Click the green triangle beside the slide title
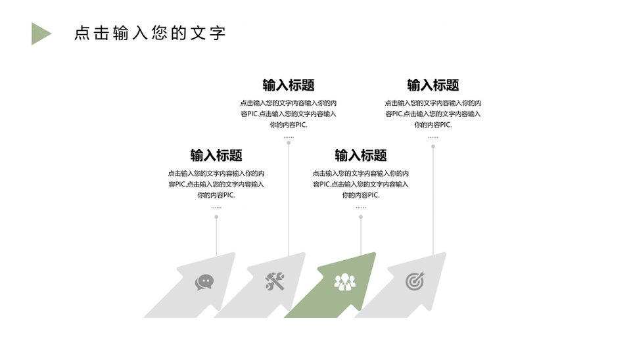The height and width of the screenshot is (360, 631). click(x=39, y=34)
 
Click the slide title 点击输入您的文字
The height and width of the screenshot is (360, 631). click(x=150, y=33)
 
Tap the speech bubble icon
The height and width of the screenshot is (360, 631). click(x=204, y=282)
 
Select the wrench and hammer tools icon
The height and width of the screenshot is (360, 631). click(x=275, y=281)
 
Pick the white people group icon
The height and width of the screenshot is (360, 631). click(x=345, y=282)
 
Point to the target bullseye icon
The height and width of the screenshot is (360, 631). click(x=415, y=281)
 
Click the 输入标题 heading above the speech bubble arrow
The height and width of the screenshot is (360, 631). click(x=216, y=155)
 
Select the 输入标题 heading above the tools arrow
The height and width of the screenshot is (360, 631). click(x=289, y=85)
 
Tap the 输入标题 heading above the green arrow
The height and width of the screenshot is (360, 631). click(x=361, y=155)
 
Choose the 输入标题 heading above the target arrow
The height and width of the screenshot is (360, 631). click(x=433, y=85)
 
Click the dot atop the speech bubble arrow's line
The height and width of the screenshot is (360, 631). click(x=216, y=217)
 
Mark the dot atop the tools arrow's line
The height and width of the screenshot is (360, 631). click(x=289, y=143)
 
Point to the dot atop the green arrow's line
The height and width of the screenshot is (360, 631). click(x=361, y=217)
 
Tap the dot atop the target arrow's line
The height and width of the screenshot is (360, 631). click(x=433, y=146)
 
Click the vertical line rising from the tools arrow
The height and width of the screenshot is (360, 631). click(x=289, y=200)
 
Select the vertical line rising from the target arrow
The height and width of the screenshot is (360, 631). click(x=433, y=201)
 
